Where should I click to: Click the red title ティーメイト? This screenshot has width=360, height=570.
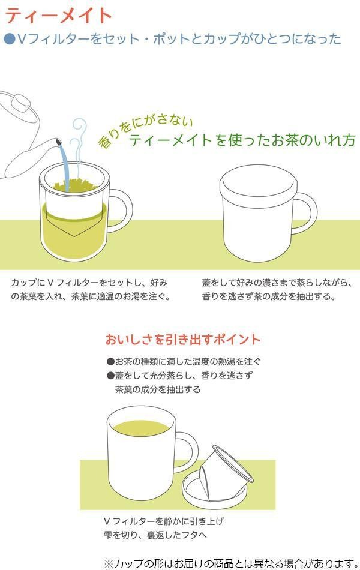pyautogui.click(x=58, y=15)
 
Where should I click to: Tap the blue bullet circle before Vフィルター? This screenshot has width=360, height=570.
pyautogui.click(x=10, y=39)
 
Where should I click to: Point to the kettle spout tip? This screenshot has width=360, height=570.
pyautogui.click(x=58, y=142)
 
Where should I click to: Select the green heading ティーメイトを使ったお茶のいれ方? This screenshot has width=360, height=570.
pyautogui.click(x=242, y=140)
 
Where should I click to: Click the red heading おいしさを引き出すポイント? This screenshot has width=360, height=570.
pyautogui.click(x=183, y=340)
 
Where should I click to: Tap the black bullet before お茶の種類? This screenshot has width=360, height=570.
pyautogui.click(x=110, y=362)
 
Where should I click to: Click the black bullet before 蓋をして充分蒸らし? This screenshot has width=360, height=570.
pyautogui.click(x=110, y=376)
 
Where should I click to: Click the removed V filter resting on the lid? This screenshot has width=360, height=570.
pyautogui.click(x=226, y=473)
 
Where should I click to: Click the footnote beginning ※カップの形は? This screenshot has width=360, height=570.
pyautogui.click(x=232, y=563)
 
